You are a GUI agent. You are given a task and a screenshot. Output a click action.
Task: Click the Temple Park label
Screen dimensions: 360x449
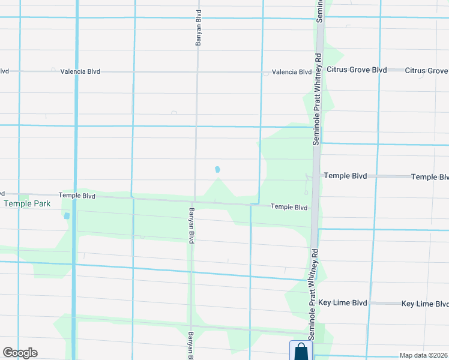pyautogui.click(x=28, y=204)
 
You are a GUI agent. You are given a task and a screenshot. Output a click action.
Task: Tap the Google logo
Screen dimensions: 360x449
pyautogui.click(x=20, y=353)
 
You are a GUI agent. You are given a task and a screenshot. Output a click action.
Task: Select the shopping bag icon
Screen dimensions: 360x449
pyautogui.click(x=301, y=352)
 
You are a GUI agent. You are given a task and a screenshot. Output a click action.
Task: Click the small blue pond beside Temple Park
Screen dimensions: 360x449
pyautogui.click(x=67, y=216)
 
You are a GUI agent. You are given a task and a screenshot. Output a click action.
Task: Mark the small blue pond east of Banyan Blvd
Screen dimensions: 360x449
pyautogui.click(x=217, y=170)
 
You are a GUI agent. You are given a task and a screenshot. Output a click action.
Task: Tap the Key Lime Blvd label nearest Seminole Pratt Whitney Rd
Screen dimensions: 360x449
pyautogui.click(x=343, y=304)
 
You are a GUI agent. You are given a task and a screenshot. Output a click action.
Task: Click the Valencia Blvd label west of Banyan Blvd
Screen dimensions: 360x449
pyautogui.click(x=80, y=71)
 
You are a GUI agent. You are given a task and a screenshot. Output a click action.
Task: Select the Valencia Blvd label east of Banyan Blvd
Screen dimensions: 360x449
pyautogui.click(x=291, y=72)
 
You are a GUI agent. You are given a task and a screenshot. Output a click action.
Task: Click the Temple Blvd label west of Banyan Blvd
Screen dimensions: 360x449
pyautogui.click(x=77, y=196)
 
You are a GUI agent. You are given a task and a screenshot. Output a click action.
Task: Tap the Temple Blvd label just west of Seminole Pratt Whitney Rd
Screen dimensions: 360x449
pyautogui.click(x=289, y=207)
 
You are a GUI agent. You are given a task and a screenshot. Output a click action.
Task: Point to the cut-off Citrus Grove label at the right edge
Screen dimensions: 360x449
pyautogui.click(x=426, y=71)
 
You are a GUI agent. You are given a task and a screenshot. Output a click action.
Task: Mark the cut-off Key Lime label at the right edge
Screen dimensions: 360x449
pyautogui.click(x=425, y=304)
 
